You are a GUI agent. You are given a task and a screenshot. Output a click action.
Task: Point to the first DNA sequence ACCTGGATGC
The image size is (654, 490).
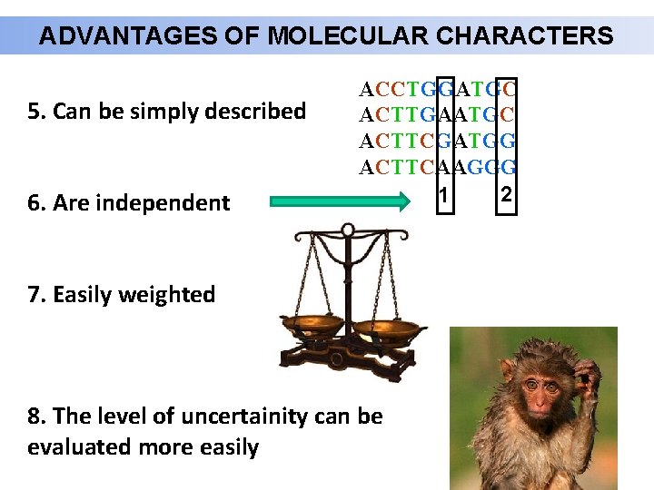pyautogui.click(x=438, y=90)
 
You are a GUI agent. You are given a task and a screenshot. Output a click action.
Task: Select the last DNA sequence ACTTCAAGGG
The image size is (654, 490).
pyautogui.click(x=438, y=167)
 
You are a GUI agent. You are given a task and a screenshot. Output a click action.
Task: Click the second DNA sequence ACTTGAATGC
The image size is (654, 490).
pyautogui.click(x=438, y=115)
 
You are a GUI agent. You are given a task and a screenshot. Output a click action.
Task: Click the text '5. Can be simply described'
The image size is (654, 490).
pyautogui.click(x=167, y=112)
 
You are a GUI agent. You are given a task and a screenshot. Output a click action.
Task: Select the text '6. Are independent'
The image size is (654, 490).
pyautogui.click(x=129, y=203)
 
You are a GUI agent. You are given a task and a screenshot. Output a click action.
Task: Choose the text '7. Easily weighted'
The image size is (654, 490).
pyautogui.click(x=122, y=295)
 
